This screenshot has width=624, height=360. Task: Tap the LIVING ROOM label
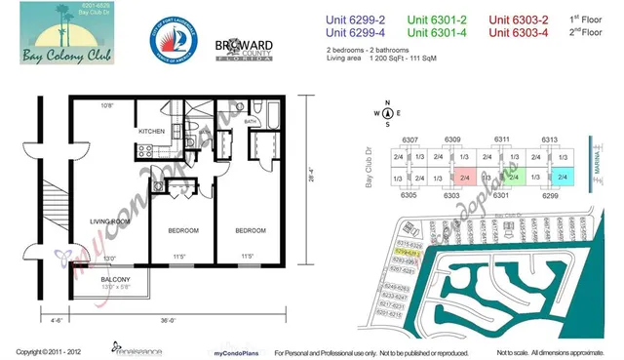click(x=110, y=221)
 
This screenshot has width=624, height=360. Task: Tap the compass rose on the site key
click(x=388, y=112)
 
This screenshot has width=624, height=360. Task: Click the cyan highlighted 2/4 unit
click(x=563, y=179)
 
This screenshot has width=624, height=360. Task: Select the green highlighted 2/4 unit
click(x=514, y=179)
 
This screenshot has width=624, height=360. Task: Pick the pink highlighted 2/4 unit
click(x=464, y=179)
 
